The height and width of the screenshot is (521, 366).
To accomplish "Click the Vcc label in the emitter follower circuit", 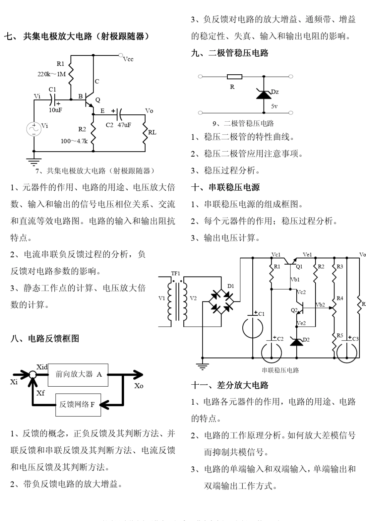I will [x=128, y=59].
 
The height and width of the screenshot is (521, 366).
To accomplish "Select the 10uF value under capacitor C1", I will [x=55, y=110].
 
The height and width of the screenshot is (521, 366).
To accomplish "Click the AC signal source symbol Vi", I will [x=34, y=129].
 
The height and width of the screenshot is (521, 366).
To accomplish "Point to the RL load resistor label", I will [x=152, y=132].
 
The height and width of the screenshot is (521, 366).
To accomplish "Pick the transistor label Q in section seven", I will [x=98, y=100].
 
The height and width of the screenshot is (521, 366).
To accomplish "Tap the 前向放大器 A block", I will [x=78, y=374].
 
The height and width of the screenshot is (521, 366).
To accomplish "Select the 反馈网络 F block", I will [x=78, y=404].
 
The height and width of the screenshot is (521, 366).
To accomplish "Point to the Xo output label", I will [x=139, y=385].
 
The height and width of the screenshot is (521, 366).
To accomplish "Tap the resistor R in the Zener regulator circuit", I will [x=234, y=77].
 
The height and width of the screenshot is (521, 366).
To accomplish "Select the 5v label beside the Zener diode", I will [x=274, y=106].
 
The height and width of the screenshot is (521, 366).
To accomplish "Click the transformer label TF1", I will [x=176, y=273].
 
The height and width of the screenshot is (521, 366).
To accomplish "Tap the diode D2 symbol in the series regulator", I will [x=296, y=341].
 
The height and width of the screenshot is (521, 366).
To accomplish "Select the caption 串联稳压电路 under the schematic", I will [x=280, y=370].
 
